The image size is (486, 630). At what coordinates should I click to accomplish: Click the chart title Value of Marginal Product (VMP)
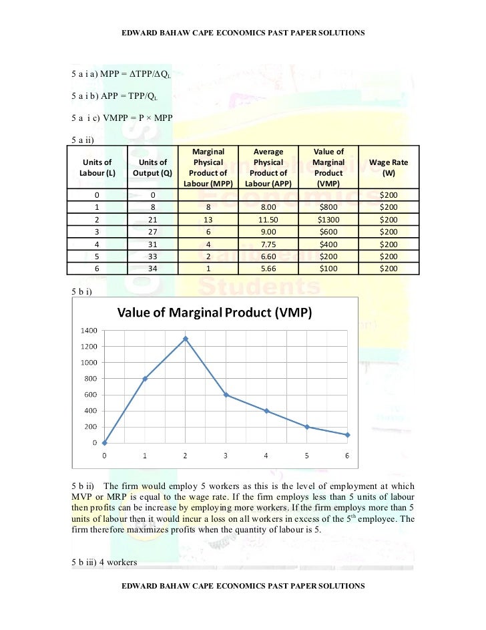point(215,313)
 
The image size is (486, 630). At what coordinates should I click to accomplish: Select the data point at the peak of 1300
point(185,339)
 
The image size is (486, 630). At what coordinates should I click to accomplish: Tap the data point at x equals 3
point(226,395)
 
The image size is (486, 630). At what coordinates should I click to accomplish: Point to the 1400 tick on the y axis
point(89,331)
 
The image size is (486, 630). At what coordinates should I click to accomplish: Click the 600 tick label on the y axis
point(91,395)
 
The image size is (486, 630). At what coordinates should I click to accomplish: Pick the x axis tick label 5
point(306,456)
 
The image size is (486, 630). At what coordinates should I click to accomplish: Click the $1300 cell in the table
point(329,219)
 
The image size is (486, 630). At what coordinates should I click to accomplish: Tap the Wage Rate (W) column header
point(389,167)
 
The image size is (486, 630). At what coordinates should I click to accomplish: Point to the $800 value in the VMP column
point(329,207)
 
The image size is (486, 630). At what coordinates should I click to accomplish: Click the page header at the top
point(243,32)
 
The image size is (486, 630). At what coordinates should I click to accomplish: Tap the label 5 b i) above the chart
point(83,292)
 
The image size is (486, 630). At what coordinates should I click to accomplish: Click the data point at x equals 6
point(347,435)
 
